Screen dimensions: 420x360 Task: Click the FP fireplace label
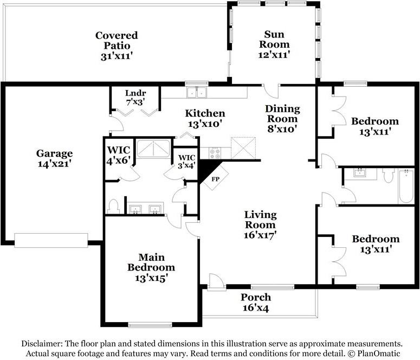tap(215, 179)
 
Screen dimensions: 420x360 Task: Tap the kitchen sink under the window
tap(197, 93)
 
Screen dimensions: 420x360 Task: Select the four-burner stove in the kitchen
tap(215, 153)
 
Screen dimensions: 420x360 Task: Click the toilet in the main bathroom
tap(114, 207)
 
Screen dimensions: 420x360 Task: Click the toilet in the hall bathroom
tap(388, 175)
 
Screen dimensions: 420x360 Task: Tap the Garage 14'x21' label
tap(54, 158)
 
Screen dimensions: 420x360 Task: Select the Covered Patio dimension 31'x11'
tap(117, 56)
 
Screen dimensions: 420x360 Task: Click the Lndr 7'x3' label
tap(135, 97)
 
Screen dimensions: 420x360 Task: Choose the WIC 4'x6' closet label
tap(118, 155)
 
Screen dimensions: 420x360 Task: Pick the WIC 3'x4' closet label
tap(186, 162)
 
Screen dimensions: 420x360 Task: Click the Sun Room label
tap(274, 39)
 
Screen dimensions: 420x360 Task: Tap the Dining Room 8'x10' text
tap(282, 119)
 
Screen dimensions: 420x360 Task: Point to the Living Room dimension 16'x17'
tap(260, 235)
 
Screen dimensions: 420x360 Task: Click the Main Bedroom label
tap(151, 262)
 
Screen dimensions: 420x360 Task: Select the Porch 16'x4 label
tap(256, 302)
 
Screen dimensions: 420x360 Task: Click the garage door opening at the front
tap(51, 240)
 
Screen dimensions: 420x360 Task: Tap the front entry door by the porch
tap(216, 281)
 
